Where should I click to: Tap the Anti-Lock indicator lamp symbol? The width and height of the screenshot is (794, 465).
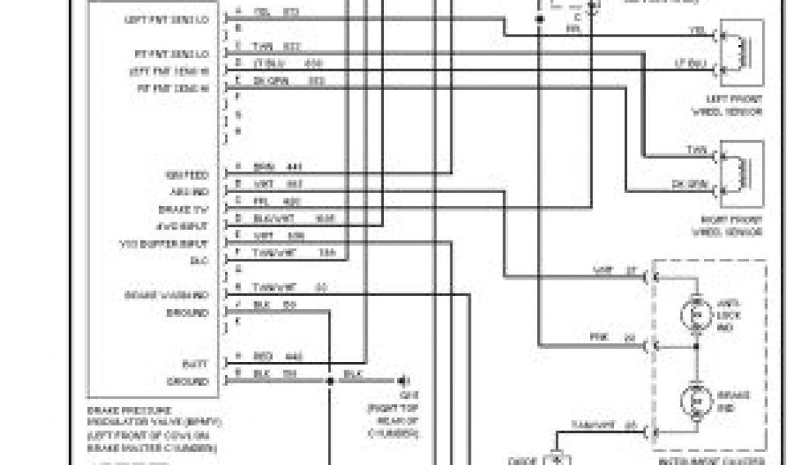coord(696,315)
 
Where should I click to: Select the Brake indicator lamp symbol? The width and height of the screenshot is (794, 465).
coord(696,400)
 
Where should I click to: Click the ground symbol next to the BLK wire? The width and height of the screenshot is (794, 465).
coord(404,381)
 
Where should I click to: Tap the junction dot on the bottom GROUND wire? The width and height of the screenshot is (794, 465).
coord(330,381)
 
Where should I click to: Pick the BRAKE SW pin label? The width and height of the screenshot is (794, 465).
coord(188,209)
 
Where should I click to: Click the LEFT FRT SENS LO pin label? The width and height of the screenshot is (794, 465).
coord(166,19)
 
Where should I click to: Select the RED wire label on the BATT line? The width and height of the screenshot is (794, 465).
coord(262,356)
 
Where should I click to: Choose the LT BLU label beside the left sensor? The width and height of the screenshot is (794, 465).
coord(690,64)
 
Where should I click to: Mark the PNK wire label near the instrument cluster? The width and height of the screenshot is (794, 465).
coord(598,338)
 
